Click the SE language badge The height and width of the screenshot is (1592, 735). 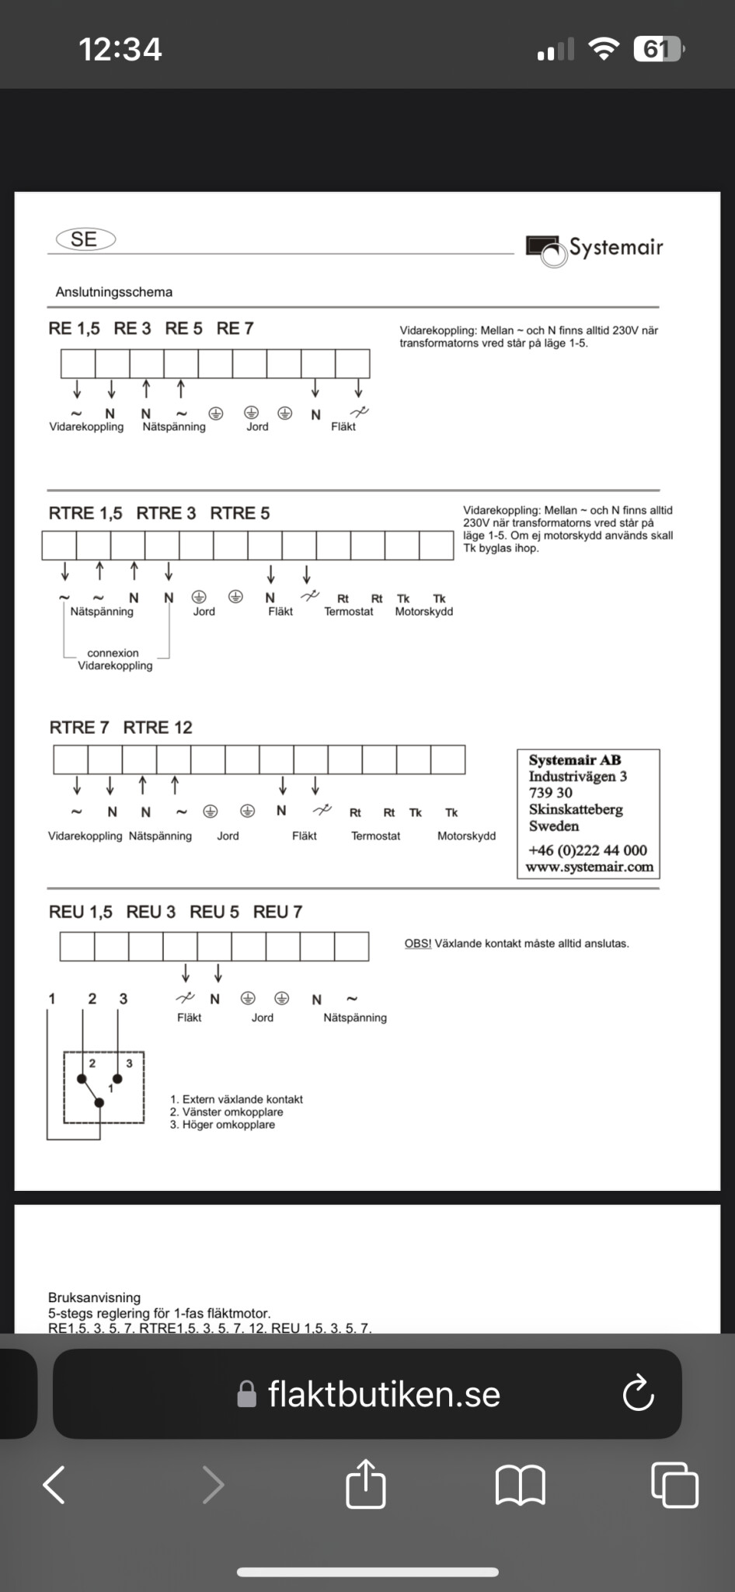pyautogui.click(x=84, y=239)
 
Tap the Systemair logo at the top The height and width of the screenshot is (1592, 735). pyautogui.click(x=594, y=249)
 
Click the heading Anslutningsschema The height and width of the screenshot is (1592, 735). pyautogui.click(x=113, y=292)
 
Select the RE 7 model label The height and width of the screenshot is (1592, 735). pyautogui.click(x=235, y=329)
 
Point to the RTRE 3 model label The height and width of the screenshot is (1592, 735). pyautogui.click(x=165, y=514)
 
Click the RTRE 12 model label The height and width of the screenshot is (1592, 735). pyautogui.click(x=158, y=728)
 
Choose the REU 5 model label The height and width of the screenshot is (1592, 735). pyautogui.click(x=214, y=912)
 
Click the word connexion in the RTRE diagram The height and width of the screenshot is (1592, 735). pyautogui.click(x=113, y=653)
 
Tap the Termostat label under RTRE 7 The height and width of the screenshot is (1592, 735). pyautogui.click(x=375, y=836)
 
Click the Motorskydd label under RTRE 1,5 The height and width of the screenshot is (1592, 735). pyautogui.click(x=423, y=612)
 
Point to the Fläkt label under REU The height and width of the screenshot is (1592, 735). pyautogui.click(x=189, y=1018)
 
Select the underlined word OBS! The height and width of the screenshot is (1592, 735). pyautogui.click(x=418, y=944)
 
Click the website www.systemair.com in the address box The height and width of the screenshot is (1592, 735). pyautogui.click(x=589, y=867)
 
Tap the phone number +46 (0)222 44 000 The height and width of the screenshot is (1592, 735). pyautogui.click(x=587, y=850)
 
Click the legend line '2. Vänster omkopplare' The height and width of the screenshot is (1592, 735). pyautogui.click(x=226, y=1112)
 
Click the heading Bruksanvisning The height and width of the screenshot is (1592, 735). pyautogui.click(x=94, y=1297)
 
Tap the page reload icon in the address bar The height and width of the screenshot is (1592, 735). pyautogui.click(x=638, y=1394)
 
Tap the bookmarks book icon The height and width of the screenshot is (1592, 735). pyautogui.click(x=520, y=1486)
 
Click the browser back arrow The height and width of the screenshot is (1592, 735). pyautogui.click(x=54, y=1486)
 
